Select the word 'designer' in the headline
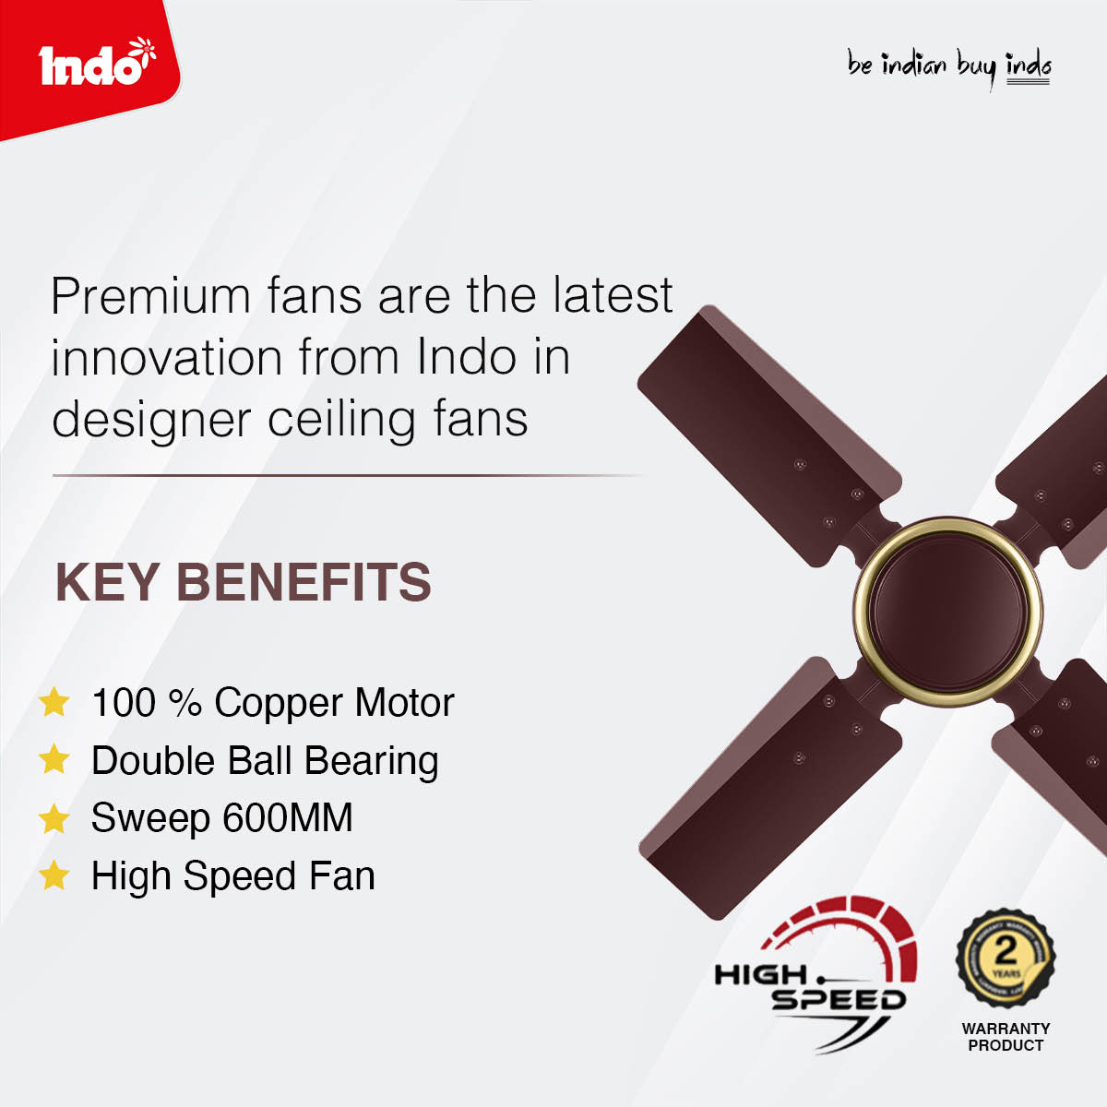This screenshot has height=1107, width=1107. click(x=151, y=421)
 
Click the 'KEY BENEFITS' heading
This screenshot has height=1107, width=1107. click(x=243, y=582)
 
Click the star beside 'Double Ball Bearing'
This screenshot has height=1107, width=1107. click(x=54, y=759)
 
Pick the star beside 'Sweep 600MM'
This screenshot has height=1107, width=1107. click(x=54, y=818)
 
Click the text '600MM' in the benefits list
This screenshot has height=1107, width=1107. click(x=287, y=817)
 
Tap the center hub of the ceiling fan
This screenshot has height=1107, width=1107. click(x=947, y=610)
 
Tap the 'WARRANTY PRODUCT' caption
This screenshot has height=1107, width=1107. click(x=1006, y=1037)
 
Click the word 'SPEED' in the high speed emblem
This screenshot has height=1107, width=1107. click(x=839, y=1000)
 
